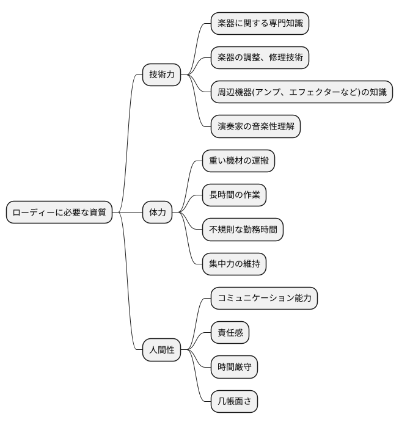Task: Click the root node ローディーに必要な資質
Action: [59, 212]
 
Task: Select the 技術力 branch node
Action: [162, 74]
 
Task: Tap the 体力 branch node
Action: [157, 212]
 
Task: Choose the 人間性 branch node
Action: [162, 351]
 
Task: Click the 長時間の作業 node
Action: [235, 195]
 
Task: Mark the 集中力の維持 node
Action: [235, 264]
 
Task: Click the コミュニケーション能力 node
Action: [264, 299]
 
